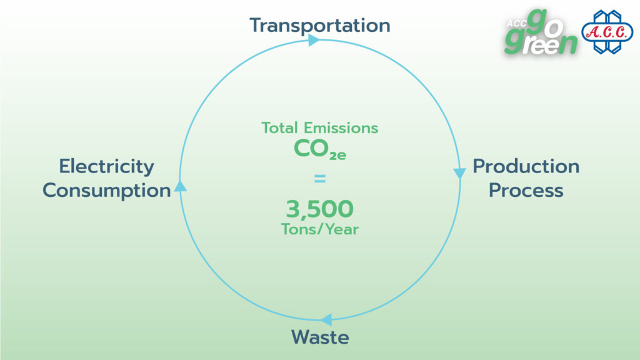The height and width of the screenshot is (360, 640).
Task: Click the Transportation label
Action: click(x=320, y=25)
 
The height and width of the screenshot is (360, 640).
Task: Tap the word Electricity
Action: click(x=106, y=167)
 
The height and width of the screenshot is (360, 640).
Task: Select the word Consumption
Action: click(x=106, y=191)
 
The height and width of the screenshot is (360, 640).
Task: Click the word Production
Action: click(x=526, y=166)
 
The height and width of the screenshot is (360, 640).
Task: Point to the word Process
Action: click(x=526, y=190)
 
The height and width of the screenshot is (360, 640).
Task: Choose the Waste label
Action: click(x=320, y=337)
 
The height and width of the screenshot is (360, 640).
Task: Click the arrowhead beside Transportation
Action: click(x=314, y=40)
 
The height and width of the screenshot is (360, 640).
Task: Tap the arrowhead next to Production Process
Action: click(x=459, y=174)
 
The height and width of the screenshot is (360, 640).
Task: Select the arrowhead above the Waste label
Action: click(x=326, y=320)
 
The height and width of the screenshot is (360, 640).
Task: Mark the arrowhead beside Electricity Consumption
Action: click(x=181, y=186)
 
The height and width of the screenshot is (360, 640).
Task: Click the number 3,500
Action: click(x=319, y=209)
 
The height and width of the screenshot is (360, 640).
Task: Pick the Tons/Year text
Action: click(x=320, y=229)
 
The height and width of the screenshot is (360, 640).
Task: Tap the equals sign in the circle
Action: click(x=320, y=178)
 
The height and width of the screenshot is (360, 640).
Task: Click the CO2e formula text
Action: click(x=320, y=149)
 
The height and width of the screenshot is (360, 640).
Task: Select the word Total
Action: click(x=279, y=127)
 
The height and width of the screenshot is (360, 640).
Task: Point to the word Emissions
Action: click(x=341, y=127)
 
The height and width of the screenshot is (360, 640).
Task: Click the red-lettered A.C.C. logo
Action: click(x=607, y=32)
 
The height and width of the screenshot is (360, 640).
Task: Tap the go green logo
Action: click(x=541, y=32)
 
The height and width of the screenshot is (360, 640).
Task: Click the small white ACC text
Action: click(x=516, y=24)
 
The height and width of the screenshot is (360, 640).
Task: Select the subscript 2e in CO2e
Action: click(x=337, y=156)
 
